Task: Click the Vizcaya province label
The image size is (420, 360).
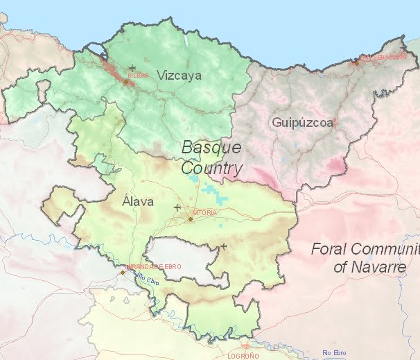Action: click(179, 75)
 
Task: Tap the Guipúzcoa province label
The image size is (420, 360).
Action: click(302, 123)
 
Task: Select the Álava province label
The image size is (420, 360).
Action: click(137, 202)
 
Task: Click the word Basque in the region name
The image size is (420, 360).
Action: click(211, 147)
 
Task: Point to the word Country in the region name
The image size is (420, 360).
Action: click(211, 168)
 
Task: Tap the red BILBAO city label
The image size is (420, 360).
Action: click(138, 74)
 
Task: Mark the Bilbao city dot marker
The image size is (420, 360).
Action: click(126, 81)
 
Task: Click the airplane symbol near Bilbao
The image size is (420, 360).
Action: click(132, 67)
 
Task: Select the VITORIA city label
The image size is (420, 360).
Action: click(204, 212)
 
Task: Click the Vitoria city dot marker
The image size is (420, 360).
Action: click(191, 219)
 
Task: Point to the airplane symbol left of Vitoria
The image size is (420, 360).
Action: click(177, 207)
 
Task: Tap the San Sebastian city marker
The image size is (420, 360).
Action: click(356, 62)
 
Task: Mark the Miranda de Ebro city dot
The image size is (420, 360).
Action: click(123, 272)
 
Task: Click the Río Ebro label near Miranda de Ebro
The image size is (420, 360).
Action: click(148, 280)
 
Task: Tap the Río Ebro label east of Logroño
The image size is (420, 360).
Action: click(334, 352)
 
